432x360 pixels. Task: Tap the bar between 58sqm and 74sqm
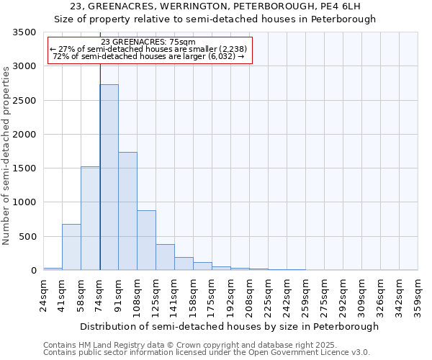(90, 218)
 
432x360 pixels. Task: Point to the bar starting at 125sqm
(165, 257)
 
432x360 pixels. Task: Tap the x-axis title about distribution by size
(229, 327)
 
